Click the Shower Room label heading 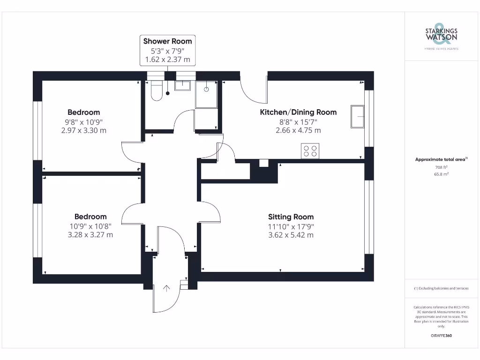[167, 41]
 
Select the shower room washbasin [182, 85]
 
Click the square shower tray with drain [206, 94]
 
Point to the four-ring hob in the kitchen [310, 150]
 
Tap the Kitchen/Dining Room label [298, 112]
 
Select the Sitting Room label [291, 217]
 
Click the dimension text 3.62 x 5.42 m [291, 234]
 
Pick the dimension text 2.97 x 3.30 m [84, 130]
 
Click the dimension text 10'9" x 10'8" [90, 225]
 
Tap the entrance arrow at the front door [166, 288]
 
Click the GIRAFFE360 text [441, 336]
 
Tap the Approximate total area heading [441, 159]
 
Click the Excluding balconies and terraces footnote [441, 288]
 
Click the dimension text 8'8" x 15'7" [298, 121]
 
